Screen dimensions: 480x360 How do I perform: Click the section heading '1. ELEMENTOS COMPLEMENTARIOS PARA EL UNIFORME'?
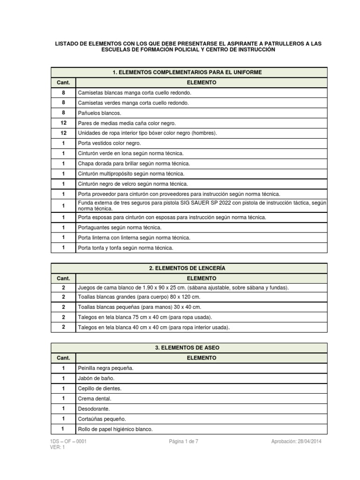[x=187, y=72]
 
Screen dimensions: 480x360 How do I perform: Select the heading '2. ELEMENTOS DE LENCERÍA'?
[x=187, y=268]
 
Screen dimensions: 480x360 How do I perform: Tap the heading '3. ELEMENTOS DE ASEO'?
[x=187, y=348]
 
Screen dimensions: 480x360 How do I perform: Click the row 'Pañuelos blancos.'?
[x=99, y=113]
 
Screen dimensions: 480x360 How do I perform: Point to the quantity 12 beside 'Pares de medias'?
[x=63, y=123]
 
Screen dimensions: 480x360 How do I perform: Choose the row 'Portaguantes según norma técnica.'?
[x=119, y=227]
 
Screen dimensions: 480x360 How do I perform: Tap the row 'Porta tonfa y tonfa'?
[x=126, y=247]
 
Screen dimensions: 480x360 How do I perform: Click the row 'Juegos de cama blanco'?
[x=183, y=287]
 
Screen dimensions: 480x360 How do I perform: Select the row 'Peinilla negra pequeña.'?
[x=106, y=368]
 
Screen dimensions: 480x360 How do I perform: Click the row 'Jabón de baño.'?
[x=96, y=378]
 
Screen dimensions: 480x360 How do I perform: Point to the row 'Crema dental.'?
[x=95, y=398]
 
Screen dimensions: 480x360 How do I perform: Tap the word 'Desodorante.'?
[x=94, y=409]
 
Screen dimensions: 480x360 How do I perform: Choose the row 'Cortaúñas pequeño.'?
[x=102, y=419]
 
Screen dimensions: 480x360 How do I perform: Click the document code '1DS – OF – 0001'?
[x=68, y=442]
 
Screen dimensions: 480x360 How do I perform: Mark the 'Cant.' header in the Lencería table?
[x=63, y=278]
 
